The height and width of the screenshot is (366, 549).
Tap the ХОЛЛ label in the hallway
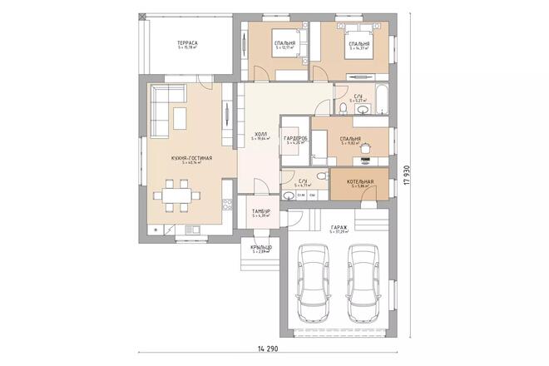pyautogui.click(x=260, y=133)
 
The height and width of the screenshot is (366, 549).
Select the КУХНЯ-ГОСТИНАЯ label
pyautogui.click(x=192, y=157)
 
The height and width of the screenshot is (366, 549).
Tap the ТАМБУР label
pyautogui.click(x=261, y=211)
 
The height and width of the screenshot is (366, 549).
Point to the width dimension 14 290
pyautogui.click(x=266, y=345)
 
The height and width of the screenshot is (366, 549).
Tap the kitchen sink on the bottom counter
pyautogui.click(x=191, y=229)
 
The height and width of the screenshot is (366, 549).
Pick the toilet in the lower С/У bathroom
pyautogui.click(x=288, y=197)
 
